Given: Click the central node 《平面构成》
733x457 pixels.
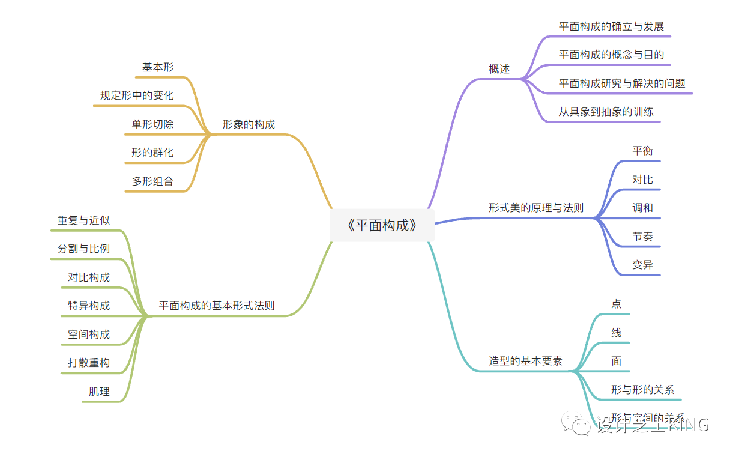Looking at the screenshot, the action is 382,226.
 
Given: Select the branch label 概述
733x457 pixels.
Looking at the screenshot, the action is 499,69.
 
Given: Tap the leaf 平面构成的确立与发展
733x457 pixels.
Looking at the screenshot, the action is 611,26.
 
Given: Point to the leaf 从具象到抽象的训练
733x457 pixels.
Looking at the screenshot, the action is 606,112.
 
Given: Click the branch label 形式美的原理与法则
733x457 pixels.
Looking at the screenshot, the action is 535,208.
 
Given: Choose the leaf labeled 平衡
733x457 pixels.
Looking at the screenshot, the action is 642,151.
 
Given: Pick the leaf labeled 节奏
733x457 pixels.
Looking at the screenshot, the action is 642,237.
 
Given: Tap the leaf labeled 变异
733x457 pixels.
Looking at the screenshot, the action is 642,265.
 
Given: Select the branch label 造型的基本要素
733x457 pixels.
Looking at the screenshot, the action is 525,362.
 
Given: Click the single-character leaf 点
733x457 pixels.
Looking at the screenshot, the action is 616,304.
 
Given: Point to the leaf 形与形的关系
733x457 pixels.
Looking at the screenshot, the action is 642,390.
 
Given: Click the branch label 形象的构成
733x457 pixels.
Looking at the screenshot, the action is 249,125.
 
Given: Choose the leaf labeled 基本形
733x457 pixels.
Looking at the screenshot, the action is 158,67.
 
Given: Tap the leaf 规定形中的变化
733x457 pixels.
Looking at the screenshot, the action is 137,95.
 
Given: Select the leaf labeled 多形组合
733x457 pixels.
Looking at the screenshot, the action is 152,181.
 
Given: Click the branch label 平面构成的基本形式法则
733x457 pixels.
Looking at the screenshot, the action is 217,306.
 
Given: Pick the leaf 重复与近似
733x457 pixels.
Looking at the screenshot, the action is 83,220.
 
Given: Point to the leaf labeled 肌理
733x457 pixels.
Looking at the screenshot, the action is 99,392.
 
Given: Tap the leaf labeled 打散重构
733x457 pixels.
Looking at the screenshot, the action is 89,363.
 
